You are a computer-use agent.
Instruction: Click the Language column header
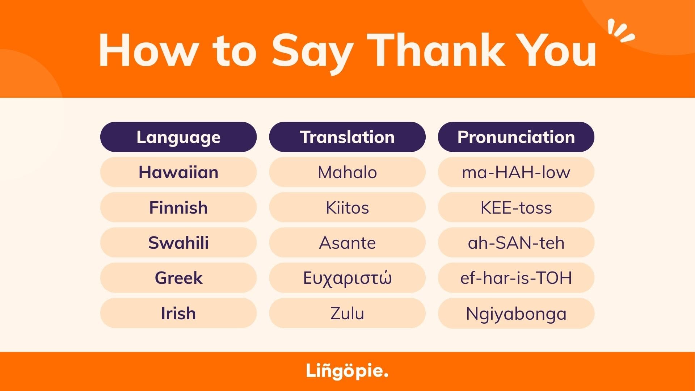[178, 137]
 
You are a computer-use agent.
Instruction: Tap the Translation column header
[347, 137]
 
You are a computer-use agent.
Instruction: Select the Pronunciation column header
[516, 137]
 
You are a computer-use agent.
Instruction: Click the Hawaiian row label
[178, 172]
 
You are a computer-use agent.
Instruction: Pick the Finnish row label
[178, 207]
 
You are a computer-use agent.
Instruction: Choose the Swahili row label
[178, 243]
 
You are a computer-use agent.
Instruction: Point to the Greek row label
[178, 278]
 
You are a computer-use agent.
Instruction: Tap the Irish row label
[178, 313]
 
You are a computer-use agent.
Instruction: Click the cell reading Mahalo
[347, 172]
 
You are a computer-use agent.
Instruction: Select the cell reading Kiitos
[347, 207]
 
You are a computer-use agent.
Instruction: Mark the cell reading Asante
[347, 243]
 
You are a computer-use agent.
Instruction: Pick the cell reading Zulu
[347, 313]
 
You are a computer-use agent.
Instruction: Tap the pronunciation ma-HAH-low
[516, 172]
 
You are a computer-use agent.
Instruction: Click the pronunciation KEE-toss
[516, 207]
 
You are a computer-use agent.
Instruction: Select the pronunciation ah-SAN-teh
[516, 243]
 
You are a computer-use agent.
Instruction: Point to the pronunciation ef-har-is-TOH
[516, 278]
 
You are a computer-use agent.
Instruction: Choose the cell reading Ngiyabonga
[516, 313]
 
